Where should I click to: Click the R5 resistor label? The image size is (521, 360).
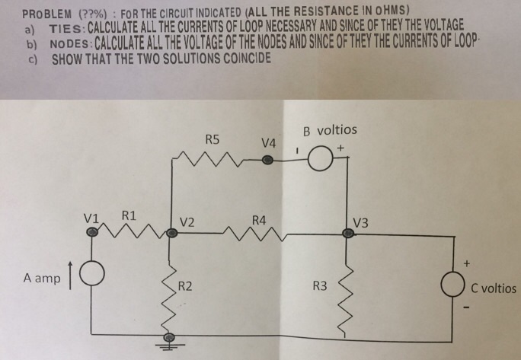pyautogui.click(x=213, y=139)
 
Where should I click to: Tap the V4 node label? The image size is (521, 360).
pyautogui.click(x=268, y=142)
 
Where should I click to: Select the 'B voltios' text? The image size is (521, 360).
pyautogui.click(x=329, y=130)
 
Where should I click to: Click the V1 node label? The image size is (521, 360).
pyautogui.click(x=93, y=217)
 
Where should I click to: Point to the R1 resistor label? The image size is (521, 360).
pyautogui.click(x=129, y=215)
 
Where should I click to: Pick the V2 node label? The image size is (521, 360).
pyautogui.click(x=187, y=222)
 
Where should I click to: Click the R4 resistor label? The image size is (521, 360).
pyautogui.click(x=259, y=221)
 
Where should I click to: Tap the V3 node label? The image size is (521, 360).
pyautogui.click(x=361, y=223)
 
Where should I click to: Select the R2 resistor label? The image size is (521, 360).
pyautogui.click(x=184, y=286)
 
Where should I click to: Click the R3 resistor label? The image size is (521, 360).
pyautogui.click(x=320, y=286)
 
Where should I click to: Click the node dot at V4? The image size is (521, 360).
pyautogui.click(x=267, y=161)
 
